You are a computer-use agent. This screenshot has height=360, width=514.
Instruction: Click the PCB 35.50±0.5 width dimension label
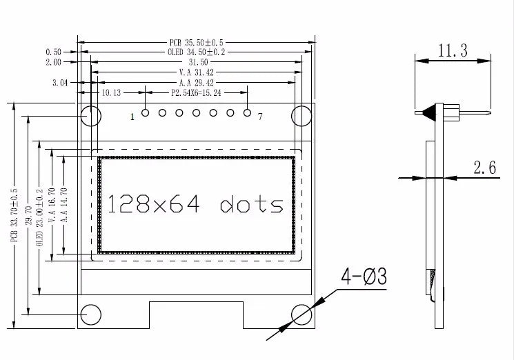click(196, 41)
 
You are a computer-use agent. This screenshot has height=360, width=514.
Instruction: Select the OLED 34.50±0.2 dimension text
click(196, 52)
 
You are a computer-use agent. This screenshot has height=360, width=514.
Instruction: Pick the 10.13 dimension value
click(111, 92)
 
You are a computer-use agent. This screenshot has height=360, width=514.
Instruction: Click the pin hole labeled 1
click(146, 113)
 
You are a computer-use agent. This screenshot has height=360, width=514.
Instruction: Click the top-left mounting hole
click(91, 115)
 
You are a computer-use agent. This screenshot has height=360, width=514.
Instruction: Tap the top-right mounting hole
click(302, 115)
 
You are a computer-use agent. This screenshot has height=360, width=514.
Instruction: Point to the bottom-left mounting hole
click(91, 314)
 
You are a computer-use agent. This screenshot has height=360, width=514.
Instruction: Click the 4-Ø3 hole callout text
click(363, 277)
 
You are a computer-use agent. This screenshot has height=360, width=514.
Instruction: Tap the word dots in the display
click(252, 205)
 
